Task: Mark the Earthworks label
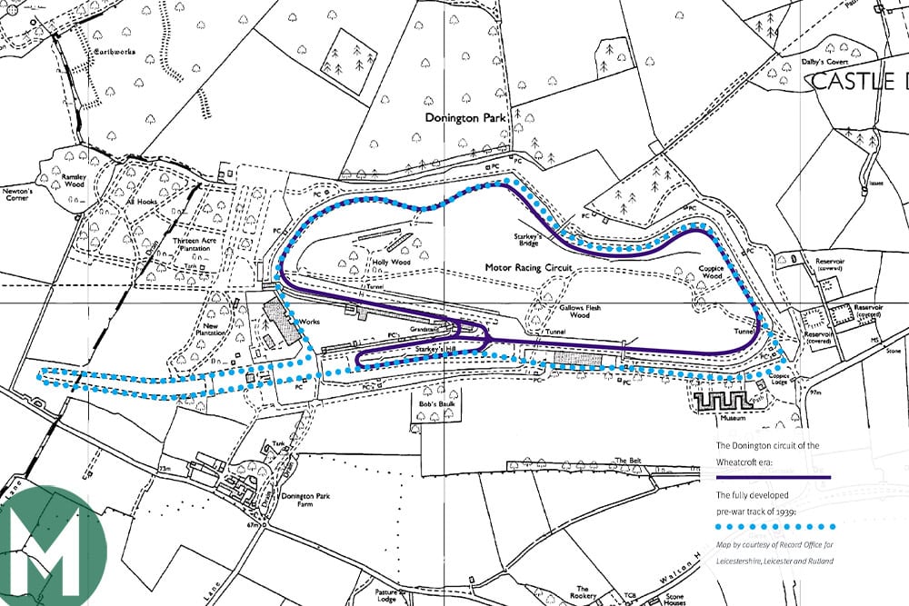[x=115, y=53]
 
